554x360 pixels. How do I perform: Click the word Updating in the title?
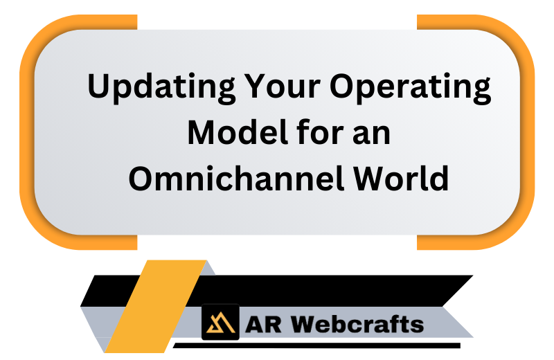click(x=161, y=88)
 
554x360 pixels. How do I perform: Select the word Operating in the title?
click(x=410, y=88)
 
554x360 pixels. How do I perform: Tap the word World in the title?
click(x=401, y=178)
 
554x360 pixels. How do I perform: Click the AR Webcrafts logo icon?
click(x=220, y=322)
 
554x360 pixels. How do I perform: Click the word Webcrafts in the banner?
click(x=357, y=324)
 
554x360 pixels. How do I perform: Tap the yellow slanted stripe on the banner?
click(x=156, y=306)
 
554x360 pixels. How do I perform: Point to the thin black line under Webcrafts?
click(x=316, y=345)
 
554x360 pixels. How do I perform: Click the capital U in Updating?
click(x=100, y=85)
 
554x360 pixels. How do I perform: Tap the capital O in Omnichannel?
click(x=143, y=178)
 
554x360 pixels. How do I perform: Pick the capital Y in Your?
click(x=256, y=85)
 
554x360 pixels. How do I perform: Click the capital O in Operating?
click(x=343, y=85)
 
